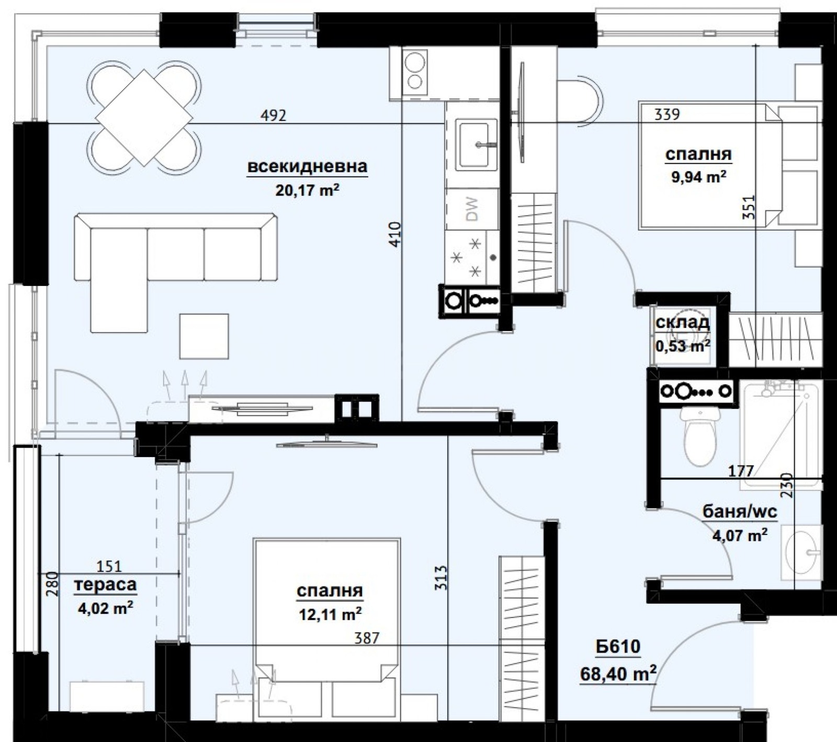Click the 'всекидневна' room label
(307, 167)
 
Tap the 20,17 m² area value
(307, 189)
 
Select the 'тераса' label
(106, 585)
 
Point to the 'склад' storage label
(683, 322)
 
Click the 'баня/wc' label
(740, 511)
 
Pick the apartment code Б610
(618, 647)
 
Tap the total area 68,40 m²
(618, 674)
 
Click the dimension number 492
(274, 115)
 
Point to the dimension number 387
(366, 638)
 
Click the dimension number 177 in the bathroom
(741, 471)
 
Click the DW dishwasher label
(472, 209)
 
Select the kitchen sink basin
(476, 144)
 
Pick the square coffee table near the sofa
(204, 336)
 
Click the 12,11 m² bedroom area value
(330, 613)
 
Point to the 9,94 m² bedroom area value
(698, 177)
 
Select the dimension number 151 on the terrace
(109, 566)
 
